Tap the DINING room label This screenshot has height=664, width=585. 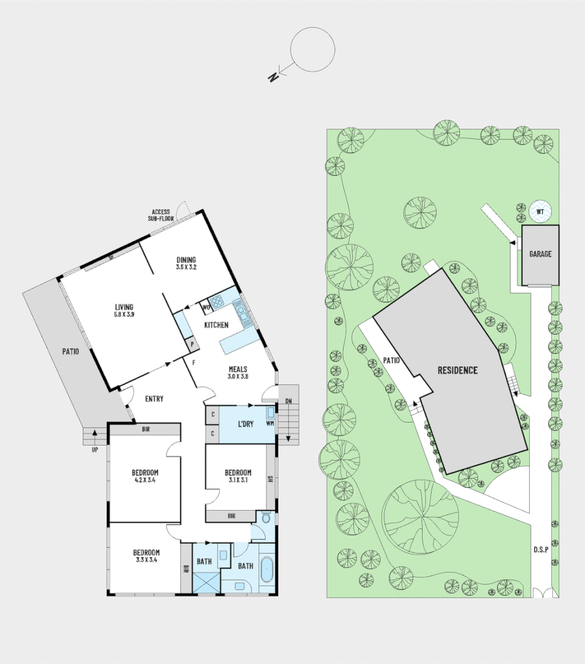pos(186,259)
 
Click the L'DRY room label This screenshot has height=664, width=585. pos(245,424)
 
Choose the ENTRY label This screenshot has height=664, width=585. pos(155,399)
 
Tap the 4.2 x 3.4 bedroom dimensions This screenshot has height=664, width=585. pos(145,481)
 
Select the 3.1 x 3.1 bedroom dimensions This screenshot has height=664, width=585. pos(238,481)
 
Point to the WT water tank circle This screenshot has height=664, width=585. pos(540,212)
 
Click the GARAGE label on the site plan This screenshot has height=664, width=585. pos(540,254)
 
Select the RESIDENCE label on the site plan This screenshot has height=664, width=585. pos(457,371)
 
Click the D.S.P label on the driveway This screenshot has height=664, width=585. pos(542,550)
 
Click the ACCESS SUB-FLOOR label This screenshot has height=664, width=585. pos(162,215)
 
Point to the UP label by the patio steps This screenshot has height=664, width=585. pos(95,449)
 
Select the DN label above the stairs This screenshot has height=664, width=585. pos(288,401)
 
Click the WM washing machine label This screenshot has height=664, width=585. pos(271,423)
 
